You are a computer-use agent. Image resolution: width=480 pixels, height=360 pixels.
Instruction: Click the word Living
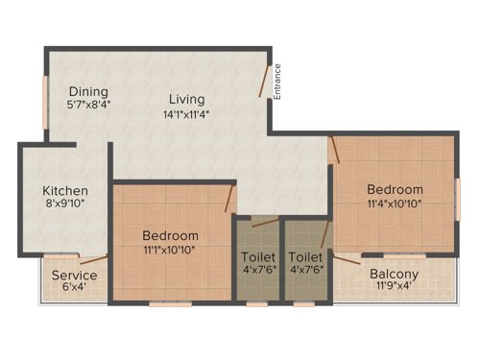tap(186, 99)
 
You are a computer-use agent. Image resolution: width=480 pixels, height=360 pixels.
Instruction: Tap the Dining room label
tap(87, 92)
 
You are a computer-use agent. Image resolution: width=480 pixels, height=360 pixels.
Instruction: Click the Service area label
tap(75, 276)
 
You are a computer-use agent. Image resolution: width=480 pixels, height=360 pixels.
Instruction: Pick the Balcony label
tap(394, 273)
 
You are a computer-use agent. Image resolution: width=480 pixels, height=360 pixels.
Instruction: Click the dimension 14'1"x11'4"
tap(186, 114)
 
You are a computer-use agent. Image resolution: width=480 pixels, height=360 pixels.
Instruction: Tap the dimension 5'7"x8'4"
tap(87, 107)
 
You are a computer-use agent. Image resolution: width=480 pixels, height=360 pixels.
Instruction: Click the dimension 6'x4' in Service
tap(75, 289)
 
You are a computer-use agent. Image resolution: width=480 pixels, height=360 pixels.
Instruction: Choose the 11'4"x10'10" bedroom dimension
tap(394, 204)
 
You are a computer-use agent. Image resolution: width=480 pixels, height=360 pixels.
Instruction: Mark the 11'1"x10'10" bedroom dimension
tap(170, 251)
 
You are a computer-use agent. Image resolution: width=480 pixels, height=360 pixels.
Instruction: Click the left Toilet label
tap(258, 257)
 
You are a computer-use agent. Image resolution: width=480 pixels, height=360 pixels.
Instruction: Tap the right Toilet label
tap(306, 257)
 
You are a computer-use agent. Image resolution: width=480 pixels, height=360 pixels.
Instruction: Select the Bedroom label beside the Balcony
tap(394, 189)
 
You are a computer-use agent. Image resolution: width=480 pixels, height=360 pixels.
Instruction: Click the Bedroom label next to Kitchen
tap(170, 235)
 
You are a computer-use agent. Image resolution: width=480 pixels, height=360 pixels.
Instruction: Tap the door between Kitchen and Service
tap(93, 259)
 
